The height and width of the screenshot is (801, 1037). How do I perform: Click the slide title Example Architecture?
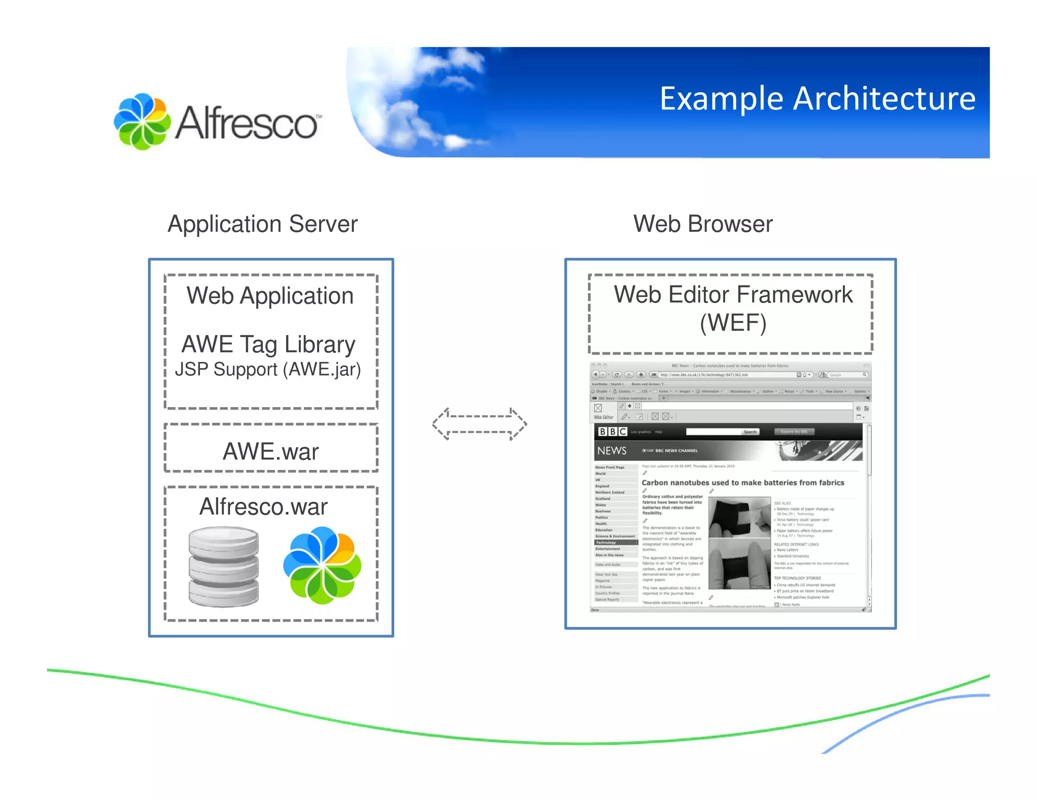click(x=817, y=99)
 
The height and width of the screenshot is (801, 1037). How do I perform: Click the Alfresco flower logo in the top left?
click(x=142, y=122)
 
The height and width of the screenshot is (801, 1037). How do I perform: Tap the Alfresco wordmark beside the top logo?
click(x=247, y=123)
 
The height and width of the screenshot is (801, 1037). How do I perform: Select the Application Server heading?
click(x=262, y=224)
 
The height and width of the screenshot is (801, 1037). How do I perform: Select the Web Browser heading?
click(x=703, y=224)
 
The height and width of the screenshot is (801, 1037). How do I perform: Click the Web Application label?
click(x=270, y=296)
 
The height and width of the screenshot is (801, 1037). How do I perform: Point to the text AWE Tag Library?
click(x=268, y=344)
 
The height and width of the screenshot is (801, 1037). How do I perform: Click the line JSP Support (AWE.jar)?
click(x=268, y=370)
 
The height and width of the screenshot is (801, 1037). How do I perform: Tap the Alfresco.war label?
click(x=263, y=507)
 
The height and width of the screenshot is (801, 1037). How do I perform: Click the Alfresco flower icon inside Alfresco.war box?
click(x=322, y=565)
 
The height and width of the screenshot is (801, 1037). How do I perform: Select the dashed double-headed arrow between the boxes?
click(x=479, y=424)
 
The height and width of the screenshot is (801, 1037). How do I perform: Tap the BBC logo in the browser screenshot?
click(x=612, y=432)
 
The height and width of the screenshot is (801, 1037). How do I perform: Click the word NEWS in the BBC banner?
click(x=612, y=451)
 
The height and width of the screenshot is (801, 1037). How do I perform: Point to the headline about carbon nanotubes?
click(x=742, y=483)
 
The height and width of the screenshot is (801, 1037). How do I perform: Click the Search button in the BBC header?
click(x=750, y=432)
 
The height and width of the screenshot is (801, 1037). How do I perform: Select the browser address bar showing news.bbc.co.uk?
click(x=724, y=375)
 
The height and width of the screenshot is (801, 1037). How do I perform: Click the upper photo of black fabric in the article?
click(x=739, y=517)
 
